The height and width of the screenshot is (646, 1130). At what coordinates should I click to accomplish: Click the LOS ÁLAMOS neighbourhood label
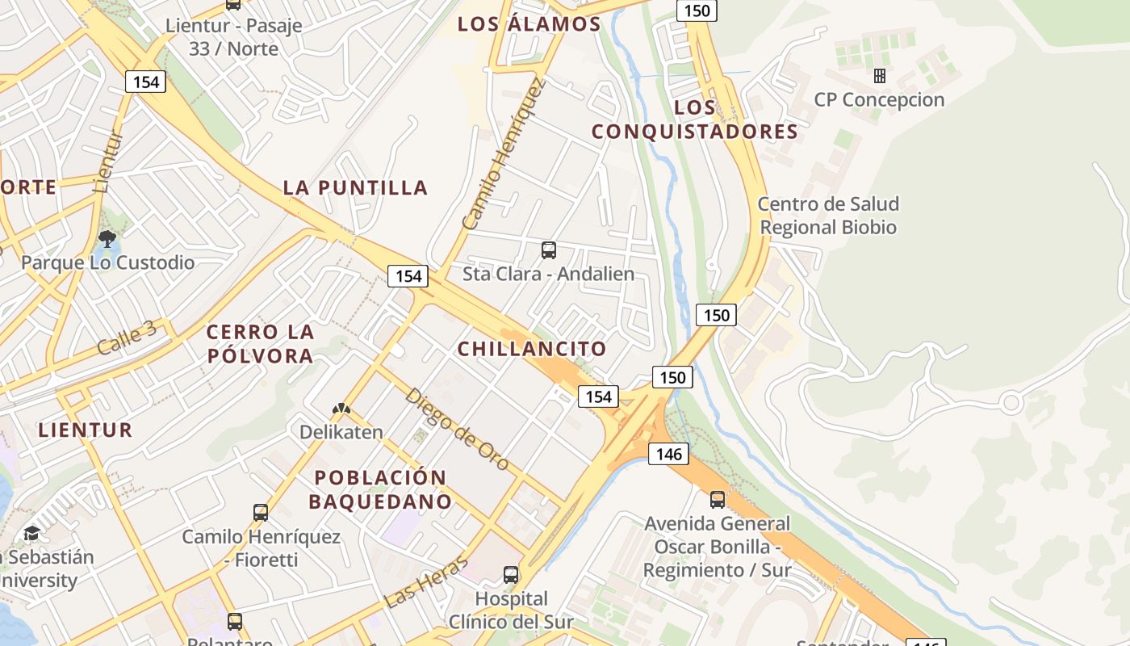pos(529,24)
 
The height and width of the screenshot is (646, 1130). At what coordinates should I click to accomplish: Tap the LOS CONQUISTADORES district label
pos(695,120)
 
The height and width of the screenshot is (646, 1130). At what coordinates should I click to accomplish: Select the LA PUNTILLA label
pos(355,188)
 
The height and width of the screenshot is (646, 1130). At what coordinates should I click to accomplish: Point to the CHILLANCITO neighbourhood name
pos(532,349)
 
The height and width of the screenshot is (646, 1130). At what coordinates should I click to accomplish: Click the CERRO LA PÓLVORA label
pos(260,344)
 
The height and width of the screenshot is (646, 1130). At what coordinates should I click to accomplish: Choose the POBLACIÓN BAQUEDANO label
pos(380,489)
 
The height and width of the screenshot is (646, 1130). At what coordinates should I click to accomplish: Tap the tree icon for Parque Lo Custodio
pos(107,238)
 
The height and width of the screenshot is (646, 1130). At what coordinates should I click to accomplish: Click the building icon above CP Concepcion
pos(880,76)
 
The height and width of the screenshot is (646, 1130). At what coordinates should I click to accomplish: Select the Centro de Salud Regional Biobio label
pos(828,216)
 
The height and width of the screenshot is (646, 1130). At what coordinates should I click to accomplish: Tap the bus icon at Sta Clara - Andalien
pos(549,250)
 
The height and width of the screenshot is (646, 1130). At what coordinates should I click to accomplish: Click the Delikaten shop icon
pos(341,409)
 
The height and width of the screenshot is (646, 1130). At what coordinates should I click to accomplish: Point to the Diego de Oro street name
pos(457,429)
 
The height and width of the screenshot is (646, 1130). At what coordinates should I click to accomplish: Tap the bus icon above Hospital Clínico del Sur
pos(511,575)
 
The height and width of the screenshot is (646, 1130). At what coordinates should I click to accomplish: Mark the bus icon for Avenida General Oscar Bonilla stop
pos(718,500)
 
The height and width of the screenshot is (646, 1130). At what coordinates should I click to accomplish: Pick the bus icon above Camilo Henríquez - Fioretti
pos(261,513)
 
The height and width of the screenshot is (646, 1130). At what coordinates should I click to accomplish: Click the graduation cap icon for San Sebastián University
pos(31,533)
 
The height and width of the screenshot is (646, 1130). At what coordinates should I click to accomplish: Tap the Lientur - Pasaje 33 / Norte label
pos(233,37)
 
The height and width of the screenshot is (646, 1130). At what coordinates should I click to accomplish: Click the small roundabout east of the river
pos(1011,401)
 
